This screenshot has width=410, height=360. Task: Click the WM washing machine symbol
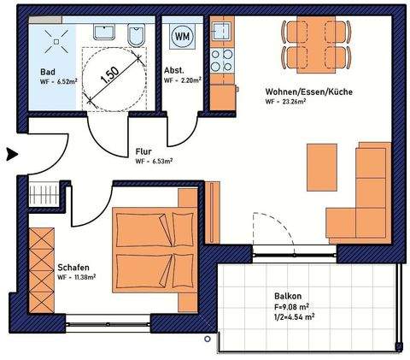(182, 37)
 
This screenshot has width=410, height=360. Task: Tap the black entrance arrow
(12, 155)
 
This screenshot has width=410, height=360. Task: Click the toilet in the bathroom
(136, 37)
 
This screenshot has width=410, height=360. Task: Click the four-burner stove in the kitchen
(222, 62)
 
